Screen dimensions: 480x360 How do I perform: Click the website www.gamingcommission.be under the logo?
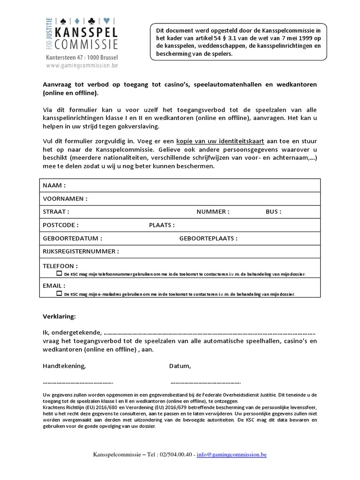click(x=82, y=66)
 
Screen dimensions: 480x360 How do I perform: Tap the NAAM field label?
click(x=54, y=186)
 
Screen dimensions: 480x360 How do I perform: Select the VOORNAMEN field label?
click(x=65, y=199)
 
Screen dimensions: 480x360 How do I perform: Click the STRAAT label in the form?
click(x=56, y=212)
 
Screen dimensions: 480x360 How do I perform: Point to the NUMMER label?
click(x=213, y=212)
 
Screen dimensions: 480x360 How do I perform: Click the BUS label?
click(x=273, y=212)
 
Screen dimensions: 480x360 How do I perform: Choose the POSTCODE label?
click(x=61, y=225)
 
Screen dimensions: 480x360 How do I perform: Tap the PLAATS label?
click(x=162, y=225)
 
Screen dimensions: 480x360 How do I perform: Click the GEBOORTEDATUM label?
click(x=72, y=238)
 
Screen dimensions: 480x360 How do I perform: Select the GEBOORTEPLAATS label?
click(x=208, y=238)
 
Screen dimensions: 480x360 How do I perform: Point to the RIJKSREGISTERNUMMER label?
click(x=81, y=251)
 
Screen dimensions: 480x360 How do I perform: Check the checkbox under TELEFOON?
click(x=59, y=273)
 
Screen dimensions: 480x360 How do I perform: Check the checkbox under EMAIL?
click(x=59, y=293)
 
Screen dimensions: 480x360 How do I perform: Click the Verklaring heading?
click(x=59, y=317)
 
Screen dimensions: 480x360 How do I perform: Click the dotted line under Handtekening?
click(x=78, y=382)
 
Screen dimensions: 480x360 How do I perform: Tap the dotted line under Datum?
click(x=205, y=382)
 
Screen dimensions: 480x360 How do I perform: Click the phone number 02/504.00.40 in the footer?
click(x=177, y=455)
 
